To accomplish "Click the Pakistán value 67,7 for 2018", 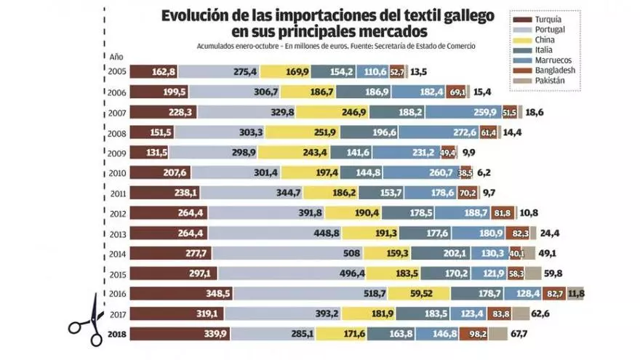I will (x=519, y=334).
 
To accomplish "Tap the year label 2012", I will (x=119, y=213).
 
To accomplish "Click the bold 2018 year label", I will (x=118, y=334).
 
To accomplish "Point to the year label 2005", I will (x=119, y=71).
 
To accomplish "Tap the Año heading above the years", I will (x=116, y=56).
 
